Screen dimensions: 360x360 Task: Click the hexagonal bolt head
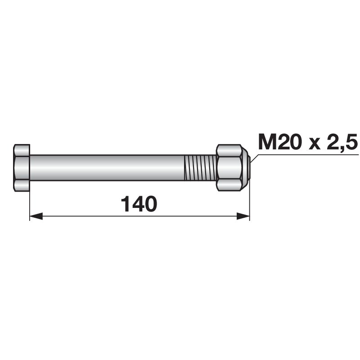tap(22, 168)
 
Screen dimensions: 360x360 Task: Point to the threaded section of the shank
tap(200, 168)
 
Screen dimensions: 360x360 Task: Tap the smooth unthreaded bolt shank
tap(107, 168)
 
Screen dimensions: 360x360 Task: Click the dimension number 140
tap(139, 204)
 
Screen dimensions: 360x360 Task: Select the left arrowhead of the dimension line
tap(36, 216)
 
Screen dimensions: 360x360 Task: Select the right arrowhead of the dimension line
tap(243, 216)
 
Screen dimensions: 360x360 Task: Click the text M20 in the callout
tap(279, 141)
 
